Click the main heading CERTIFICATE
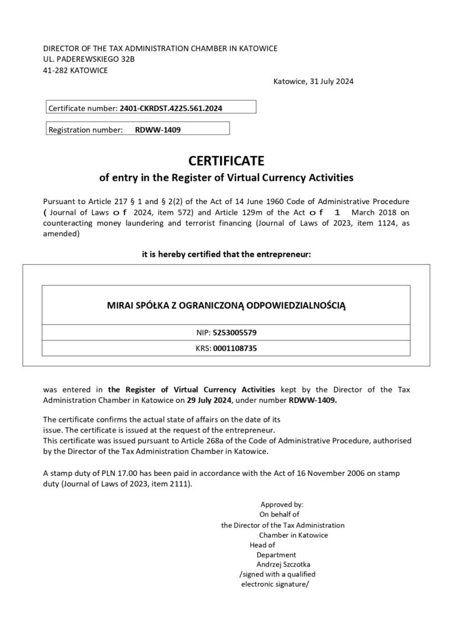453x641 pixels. coord(227,160)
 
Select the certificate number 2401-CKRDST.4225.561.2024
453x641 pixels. coord(170,108)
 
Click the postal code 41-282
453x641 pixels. coord(54,70)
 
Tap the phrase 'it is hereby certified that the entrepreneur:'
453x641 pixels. coord(227,254)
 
